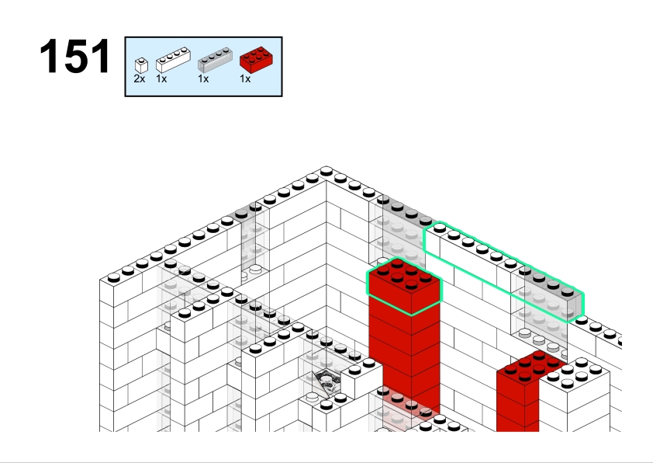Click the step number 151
(x=75, y=56)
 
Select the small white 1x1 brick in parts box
(x=141, y=65)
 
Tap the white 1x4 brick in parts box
(x=173, y=60)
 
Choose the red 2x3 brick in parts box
(x=257, y=60)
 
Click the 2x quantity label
(x=140, y=78)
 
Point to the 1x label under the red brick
(x=245, y=78)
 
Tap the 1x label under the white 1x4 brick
(x=161, y=78)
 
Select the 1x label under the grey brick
(x=203, y=78)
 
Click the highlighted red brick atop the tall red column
(x=404, y=287)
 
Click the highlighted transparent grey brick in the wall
(x=548, y=294)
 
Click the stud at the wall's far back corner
(x=326, y=171)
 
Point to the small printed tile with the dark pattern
(x=328, y=382)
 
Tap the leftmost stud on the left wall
(x=114, y=277)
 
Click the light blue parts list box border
(x=204, y=37)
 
